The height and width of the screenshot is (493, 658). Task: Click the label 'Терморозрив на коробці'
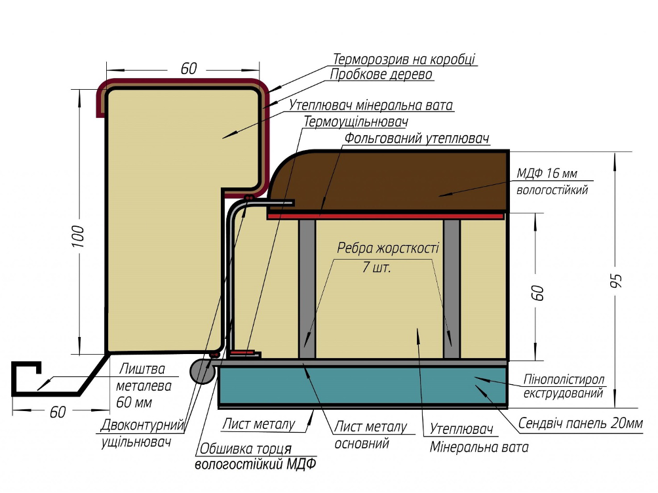(x=404, y=59)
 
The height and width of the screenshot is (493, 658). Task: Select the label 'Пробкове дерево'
(x=381, y=74)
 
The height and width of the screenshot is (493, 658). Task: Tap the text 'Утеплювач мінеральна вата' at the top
(x=371, y=104)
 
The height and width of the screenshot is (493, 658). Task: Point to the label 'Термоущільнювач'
(x=355, y=122)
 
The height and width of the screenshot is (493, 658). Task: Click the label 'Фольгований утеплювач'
(x=417, y=138)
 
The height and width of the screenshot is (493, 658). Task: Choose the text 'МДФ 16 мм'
(x=547, y=173)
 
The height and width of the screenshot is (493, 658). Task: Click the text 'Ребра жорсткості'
(x=388, y=248)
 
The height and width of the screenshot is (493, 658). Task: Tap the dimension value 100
(x=78, y=237)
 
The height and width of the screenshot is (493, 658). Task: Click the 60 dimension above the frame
(x=188, y=68)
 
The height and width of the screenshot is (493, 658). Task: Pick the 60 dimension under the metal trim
(x=58, y=412)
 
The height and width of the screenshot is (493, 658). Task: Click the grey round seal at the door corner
(x=203, y=372)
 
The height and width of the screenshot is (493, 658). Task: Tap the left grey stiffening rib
(x=307, y=289)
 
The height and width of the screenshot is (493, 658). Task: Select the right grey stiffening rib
(x=452, y=289)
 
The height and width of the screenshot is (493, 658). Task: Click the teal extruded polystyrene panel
(x=363, y=385)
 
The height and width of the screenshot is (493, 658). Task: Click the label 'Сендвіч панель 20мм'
(x=581, y=423)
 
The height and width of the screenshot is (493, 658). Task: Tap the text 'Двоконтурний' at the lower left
(x=142, y=425)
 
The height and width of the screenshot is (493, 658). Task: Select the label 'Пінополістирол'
(x=564, y=379)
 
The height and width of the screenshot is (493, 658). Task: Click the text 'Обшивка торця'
(x=246, y=448)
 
